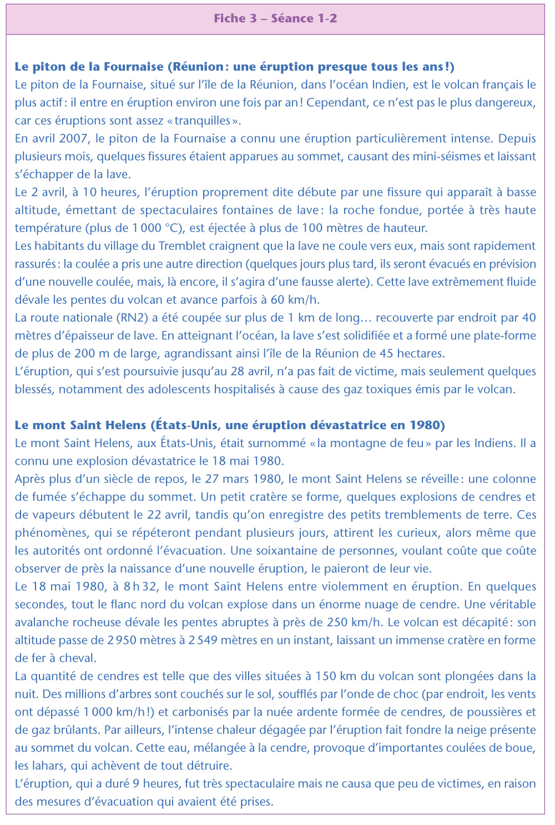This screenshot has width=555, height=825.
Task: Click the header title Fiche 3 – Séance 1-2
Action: [275, 18]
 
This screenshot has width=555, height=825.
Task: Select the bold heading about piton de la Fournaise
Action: [234, 67]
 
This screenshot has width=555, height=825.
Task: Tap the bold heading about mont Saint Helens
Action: [230, 425]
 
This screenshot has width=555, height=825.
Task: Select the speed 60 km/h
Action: [295, 300]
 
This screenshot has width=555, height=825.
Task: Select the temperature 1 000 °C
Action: [159, 228]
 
